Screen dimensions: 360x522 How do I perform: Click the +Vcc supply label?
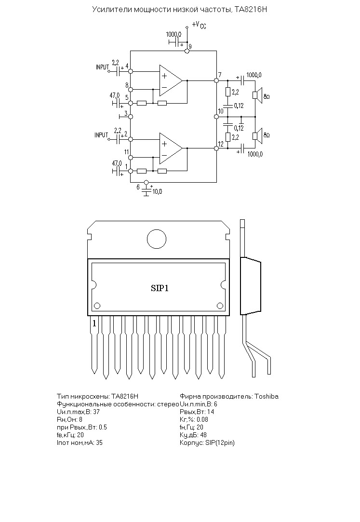point(200,25)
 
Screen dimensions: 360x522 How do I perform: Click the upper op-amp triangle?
point(171,80)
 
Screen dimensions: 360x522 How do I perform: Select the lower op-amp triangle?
point(171,148)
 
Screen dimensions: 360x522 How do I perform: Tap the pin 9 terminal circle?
point(187,51)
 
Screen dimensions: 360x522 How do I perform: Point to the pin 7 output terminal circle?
point(216,80)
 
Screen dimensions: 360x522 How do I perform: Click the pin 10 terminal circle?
point(216,117)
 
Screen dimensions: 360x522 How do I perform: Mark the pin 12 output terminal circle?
point(216,148)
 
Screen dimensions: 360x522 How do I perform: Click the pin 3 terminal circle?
point(131,117)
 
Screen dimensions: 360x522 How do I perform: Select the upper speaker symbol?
point(258,95)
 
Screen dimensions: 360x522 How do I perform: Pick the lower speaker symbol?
point(258,136)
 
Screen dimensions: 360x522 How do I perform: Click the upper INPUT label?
point(103,67)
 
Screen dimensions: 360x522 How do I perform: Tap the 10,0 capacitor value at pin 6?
point(157,192)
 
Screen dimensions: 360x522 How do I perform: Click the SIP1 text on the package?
point(160,288)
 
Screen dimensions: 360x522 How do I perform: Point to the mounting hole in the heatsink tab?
point(157,239)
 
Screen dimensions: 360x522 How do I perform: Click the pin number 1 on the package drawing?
point(94,323)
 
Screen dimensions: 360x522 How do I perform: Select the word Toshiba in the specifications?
point(267,397)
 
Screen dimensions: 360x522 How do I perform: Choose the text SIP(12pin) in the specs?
point(220,443)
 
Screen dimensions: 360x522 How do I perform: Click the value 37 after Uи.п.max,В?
point(96,412)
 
